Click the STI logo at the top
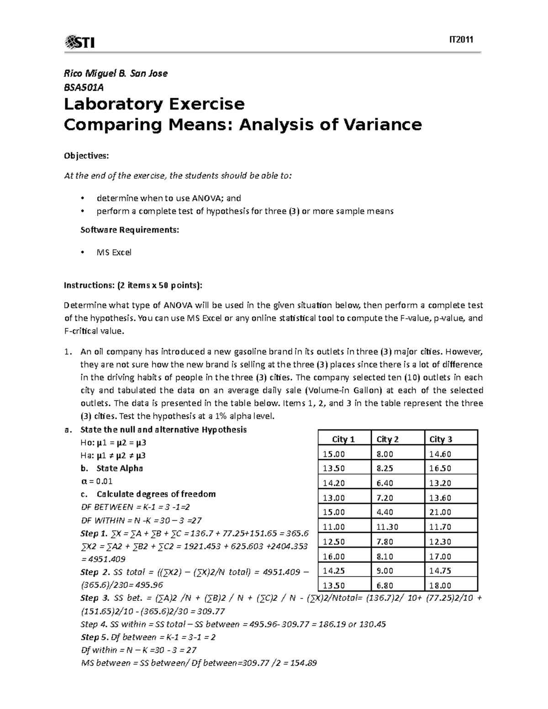80,42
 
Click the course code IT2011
461,40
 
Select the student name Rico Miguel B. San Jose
116,73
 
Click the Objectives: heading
86,156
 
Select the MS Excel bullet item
114,252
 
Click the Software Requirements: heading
130,230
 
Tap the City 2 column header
387,439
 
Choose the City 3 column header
441,439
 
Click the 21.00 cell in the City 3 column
440,512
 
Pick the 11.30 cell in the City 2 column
387,527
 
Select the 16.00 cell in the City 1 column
334,557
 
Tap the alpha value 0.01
103,481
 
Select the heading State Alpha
120,468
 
